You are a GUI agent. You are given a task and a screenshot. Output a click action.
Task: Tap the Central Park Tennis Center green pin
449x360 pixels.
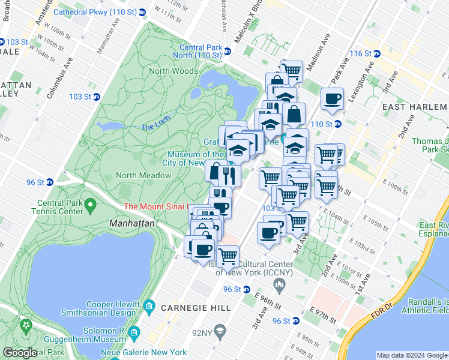tap(91, 206)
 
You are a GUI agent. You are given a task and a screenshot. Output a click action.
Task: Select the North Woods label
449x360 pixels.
tap(173, 71)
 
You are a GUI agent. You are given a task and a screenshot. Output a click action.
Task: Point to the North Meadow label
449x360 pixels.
tap(143, 175)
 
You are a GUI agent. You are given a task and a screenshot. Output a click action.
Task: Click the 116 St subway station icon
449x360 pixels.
tap(376, 53)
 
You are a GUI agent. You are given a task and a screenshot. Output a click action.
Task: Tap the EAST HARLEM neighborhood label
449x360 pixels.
tap(415, 106)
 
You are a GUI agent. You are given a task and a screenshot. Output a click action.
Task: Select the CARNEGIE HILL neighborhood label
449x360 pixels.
tap(196, 308)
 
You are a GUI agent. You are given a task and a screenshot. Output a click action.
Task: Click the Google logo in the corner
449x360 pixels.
tap(20, 353)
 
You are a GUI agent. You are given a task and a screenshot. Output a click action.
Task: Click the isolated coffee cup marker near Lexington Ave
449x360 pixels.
tap(332, 100)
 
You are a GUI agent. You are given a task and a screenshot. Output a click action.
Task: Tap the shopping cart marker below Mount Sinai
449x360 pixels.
tap(228, 256)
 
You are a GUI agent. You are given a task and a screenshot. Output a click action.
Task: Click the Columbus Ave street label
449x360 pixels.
tap(60, 77)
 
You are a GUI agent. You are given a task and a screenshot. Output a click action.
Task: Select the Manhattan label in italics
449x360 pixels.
tap(132, 222)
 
